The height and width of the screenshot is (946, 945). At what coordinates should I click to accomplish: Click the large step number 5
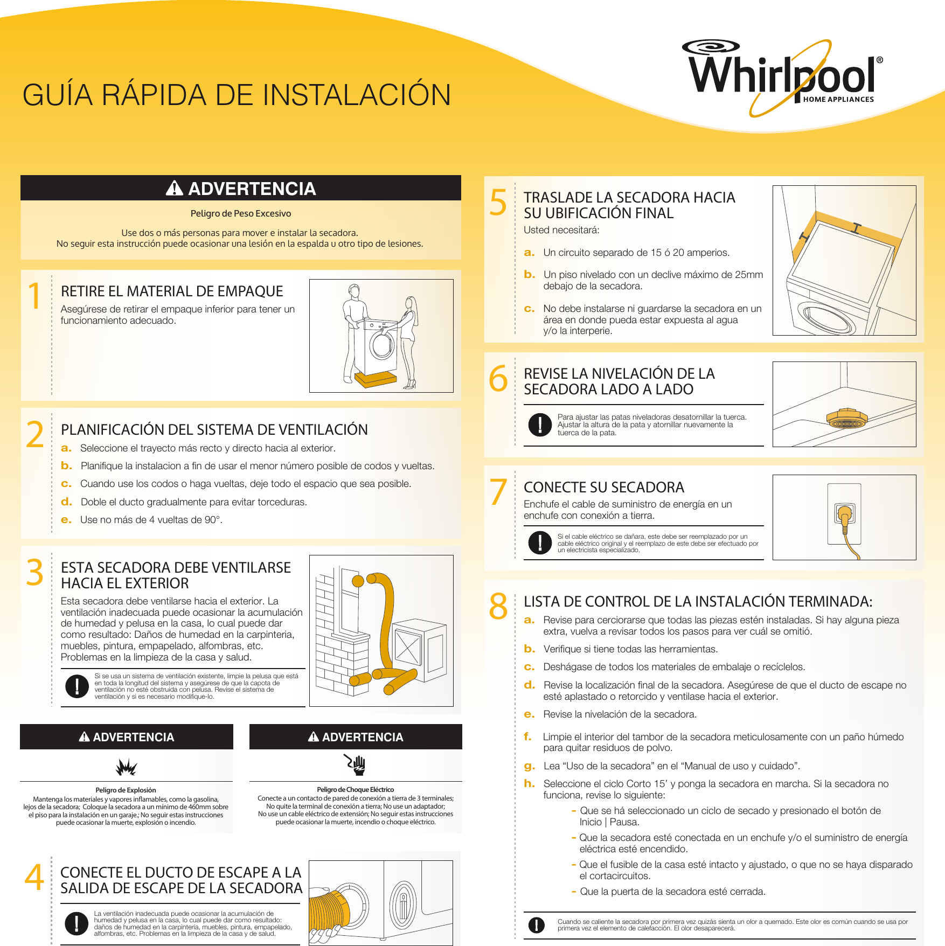498,203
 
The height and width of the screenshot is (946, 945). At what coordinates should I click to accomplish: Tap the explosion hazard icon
127,767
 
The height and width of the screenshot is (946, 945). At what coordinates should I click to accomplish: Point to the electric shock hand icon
356,764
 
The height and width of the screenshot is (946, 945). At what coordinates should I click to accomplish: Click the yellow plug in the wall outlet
844,516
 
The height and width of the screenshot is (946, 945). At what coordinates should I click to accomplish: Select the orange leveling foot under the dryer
846,418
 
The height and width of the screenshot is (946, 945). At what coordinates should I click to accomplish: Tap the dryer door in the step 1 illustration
383,344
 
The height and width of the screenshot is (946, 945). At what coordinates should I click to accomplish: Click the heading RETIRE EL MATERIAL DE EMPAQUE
172,291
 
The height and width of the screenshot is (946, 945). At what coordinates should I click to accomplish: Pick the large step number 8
498,606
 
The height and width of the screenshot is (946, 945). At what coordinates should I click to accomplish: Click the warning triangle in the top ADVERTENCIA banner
174,188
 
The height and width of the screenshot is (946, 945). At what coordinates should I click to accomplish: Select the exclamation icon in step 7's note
540,542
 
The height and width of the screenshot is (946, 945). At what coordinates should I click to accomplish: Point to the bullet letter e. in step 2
66,520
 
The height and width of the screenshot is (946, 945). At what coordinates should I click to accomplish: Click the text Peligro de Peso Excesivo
241,213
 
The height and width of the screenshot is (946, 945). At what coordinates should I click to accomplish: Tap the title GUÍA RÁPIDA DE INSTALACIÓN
237,95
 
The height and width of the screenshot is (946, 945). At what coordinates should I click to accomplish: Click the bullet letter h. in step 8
530,783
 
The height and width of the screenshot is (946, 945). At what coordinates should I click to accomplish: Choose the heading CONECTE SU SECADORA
604,488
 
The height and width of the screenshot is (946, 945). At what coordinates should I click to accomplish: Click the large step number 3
35,572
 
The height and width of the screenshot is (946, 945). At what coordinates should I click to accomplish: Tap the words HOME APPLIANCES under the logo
838,100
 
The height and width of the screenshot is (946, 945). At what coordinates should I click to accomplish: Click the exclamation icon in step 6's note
540,425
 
